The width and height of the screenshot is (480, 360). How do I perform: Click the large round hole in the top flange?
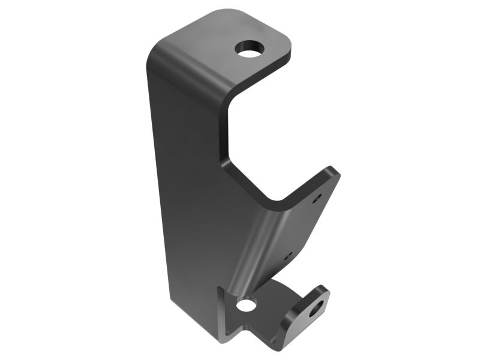pyautogui.click(x=251, y=48)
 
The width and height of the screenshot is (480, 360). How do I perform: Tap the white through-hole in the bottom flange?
pyautogui.click(x=245, y=305)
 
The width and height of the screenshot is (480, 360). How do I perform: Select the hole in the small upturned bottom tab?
pyautogui.click(x=315, y=310)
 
